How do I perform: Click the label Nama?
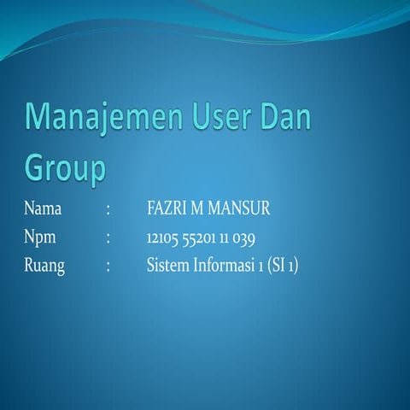click(43, 208)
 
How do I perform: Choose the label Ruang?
click(44, 266)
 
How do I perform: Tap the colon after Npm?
click(108, 238)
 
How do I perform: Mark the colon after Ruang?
click(108, 266)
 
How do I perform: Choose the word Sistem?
click(167, 266)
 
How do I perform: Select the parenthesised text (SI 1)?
click(282, 266)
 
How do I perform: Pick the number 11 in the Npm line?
click(224, 237)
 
